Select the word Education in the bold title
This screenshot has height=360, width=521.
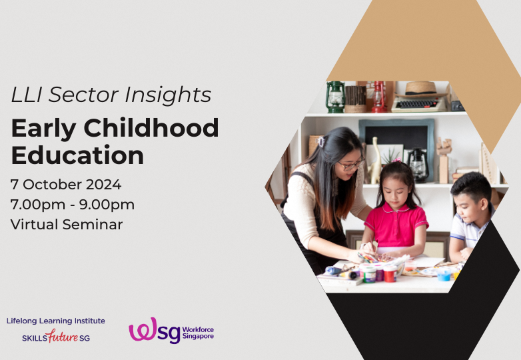(x=77, y=155)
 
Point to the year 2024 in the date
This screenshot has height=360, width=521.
(x=103, y=185)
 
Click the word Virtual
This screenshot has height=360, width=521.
(x=34, y=225)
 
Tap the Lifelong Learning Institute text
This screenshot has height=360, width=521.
(x=55, y=321)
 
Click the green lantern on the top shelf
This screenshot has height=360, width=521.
(x=335, y=97)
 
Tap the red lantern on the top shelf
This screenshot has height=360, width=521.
(x=379, y=97)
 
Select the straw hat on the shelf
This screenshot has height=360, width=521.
(x=420, y=89)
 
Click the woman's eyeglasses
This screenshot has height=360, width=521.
(x=351, y=164)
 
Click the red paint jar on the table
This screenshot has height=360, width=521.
(x=389, y=273)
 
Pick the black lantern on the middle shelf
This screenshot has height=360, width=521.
(x=418, y=164)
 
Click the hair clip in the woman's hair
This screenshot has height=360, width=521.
(x=320, y=141)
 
